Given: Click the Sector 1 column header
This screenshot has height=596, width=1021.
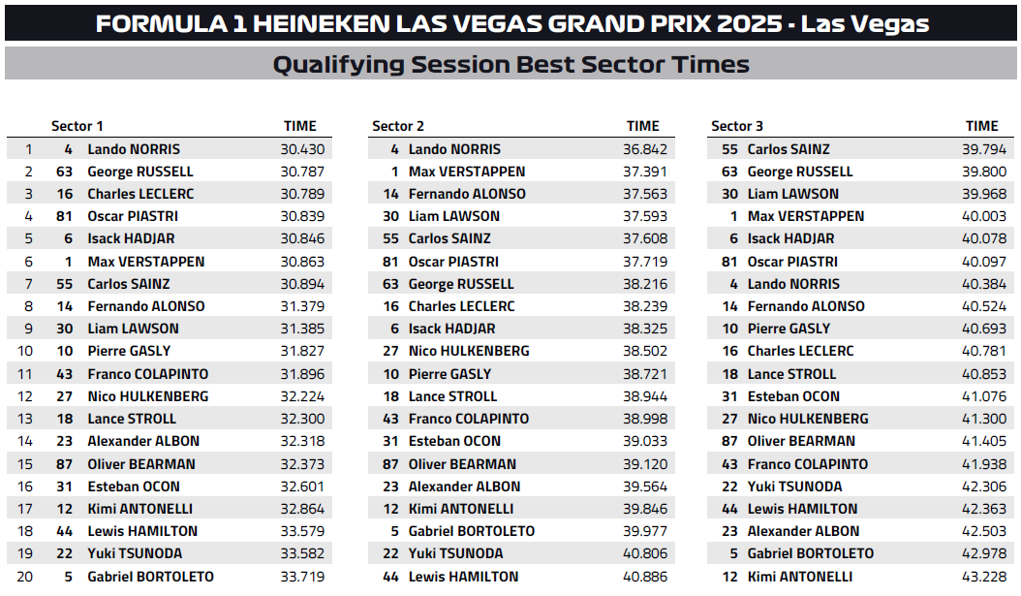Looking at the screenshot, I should pyautogui.click(x=77, y=126).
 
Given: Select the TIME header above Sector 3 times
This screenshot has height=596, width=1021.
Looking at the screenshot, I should pyautogui.click(x=981, y=126).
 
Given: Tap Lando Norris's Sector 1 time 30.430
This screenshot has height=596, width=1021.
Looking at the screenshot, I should pyautogui.click(x=304, y=149).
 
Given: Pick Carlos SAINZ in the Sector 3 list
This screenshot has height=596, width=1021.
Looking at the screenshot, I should pyautogui.click(x=789, y=149).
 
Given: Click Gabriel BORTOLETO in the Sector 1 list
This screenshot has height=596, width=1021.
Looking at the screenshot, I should pyautogui.click(x=150, y=577).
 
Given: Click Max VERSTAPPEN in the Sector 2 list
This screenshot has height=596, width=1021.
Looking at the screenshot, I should pyautogui.click(x=467, y=172).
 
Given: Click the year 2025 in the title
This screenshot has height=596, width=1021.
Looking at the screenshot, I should pyautogui.click(x=747, y=24).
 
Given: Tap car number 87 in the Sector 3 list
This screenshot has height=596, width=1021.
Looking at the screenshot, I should pyautogui.click(x=729, y=442).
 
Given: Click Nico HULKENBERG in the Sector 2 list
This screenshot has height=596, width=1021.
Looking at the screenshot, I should pyautogui.click(x=469, y=351).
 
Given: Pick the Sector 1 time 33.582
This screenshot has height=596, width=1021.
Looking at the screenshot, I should pyautogui.click(x=304, y=554).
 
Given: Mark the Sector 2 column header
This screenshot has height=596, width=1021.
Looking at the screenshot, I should pyautogui.click(x=398, y=126).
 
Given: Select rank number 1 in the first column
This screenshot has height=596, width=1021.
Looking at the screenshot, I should pyautogui.click(x=29, y=149).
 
